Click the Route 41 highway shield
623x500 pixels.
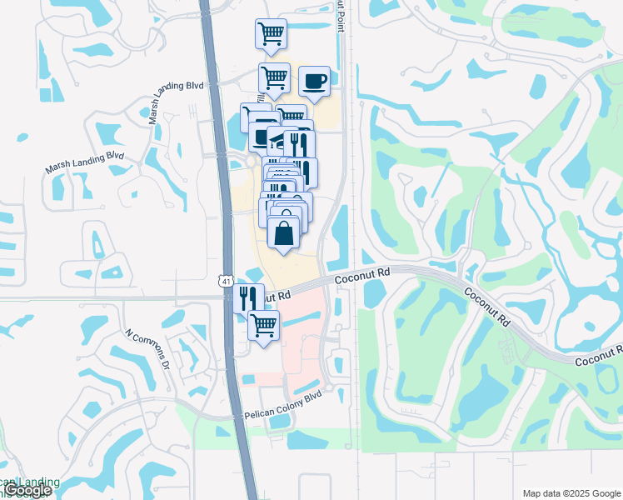(x=227, y=282)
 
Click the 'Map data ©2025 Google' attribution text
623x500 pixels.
(x=571, y=493)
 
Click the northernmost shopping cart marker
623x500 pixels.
(x=271, y=34)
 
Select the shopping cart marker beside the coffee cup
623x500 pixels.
(x=274, y=78)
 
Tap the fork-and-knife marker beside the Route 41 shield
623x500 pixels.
(x=248, y=298)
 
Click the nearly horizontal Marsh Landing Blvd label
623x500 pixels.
(x=84, y=162)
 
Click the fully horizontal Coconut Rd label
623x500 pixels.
(x=362, y=273)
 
